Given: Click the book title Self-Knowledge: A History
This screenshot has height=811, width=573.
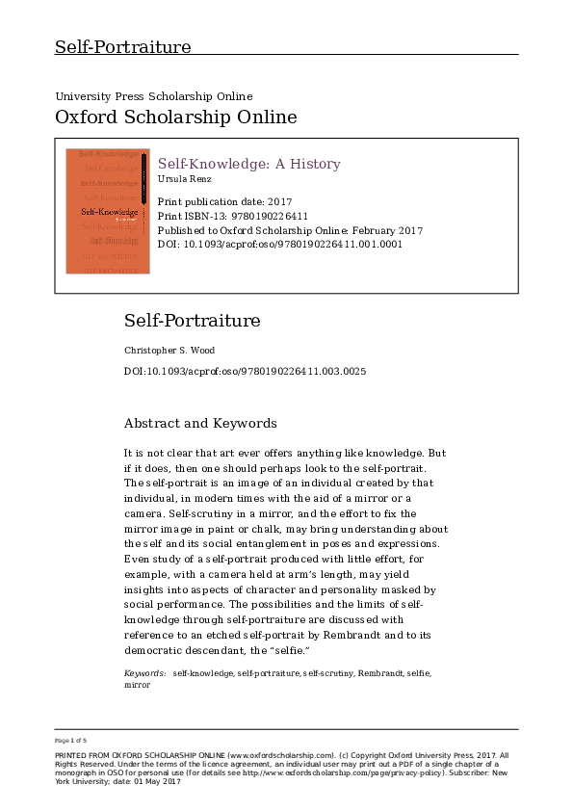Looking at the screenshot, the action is point(248,164).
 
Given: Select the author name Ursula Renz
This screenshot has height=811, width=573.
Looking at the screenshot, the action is point(183,179).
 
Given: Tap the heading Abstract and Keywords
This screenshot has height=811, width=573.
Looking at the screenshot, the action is point(200,423).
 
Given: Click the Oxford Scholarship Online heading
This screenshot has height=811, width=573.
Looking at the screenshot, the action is point(175,118).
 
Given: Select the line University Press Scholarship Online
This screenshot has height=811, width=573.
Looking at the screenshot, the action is point(154,96).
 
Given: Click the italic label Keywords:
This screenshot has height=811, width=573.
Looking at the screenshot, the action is point(144,673).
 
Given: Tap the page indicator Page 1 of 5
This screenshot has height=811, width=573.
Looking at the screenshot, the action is point(71,740).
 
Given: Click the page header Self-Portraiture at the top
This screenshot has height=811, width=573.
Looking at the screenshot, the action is point(122,47).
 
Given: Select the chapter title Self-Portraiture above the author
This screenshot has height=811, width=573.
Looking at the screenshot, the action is point(192,321).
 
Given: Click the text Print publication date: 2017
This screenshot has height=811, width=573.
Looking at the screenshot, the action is point(224,202).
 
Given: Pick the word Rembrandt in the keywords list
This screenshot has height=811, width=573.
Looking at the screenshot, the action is point(379,673).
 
